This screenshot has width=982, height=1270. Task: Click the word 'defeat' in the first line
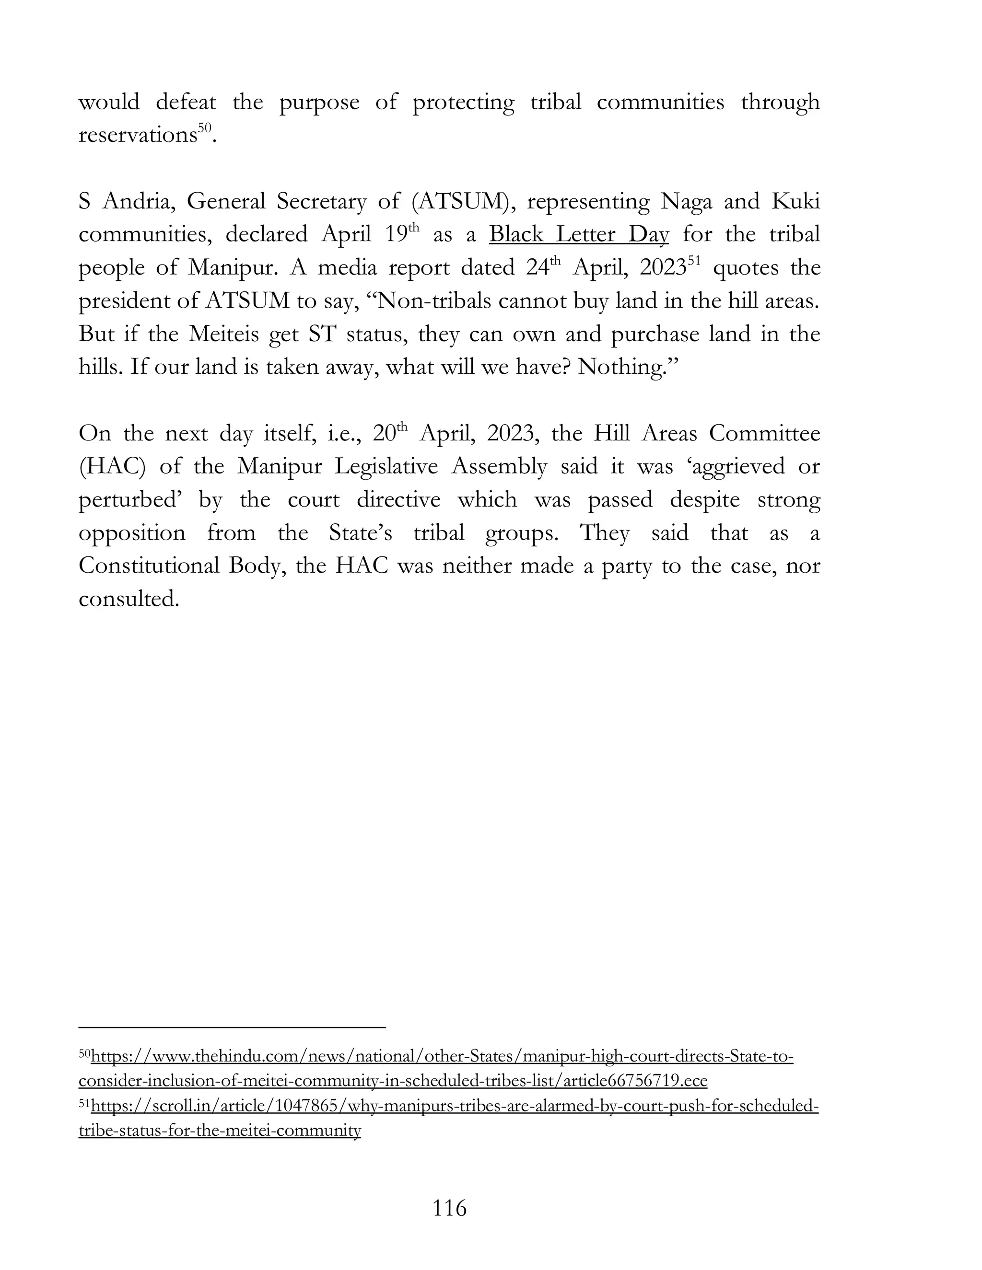pos(186,103)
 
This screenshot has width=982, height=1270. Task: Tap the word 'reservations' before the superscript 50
pos(137,136)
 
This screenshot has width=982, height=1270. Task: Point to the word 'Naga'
pos(687,202)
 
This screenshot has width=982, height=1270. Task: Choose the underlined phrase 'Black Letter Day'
pos(579,235)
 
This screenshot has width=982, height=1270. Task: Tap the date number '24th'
pos(543,267)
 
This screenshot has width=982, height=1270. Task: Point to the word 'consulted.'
pos(128,600)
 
